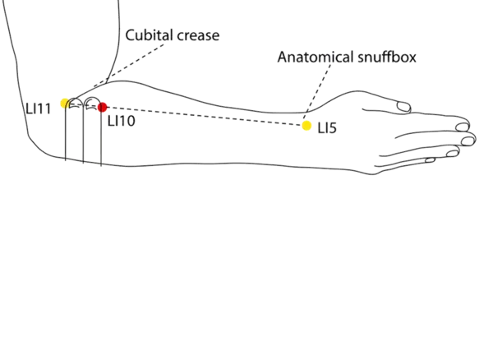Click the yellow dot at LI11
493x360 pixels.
(64, 104)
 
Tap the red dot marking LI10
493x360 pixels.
(102, 107)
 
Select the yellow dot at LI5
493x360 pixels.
(306, 125)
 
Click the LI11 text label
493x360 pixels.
(39, 108)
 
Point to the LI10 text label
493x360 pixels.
(120, 120)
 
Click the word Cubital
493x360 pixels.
(149, 36)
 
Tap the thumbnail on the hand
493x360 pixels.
(403, 107)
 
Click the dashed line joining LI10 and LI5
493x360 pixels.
(205, 116)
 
